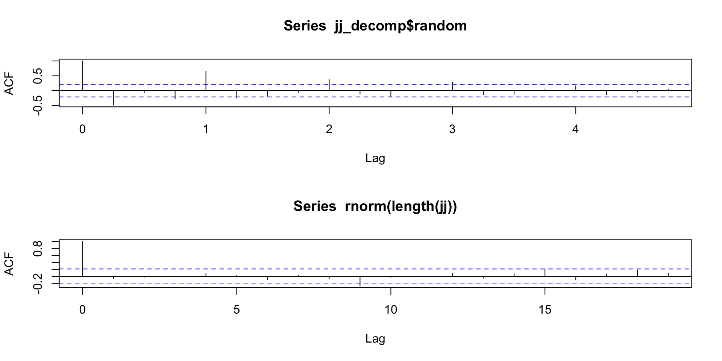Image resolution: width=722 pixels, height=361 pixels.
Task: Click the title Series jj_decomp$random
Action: [x=375, y=26]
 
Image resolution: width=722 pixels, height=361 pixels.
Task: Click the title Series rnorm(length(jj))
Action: [x=375, y=206]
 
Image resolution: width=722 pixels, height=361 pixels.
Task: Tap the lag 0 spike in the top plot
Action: [x=82, y=75]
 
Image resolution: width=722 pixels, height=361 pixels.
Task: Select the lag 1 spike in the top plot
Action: [x=206, y=80]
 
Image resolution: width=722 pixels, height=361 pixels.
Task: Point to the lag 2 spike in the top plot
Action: [x=329, y=85]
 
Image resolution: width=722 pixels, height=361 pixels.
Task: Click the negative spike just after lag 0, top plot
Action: [x=113, y=98]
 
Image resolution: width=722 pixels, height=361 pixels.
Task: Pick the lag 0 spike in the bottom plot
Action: [x=82, y=259]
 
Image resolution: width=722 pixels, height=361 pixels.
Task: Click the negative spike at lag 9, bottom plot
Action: [x=360, y=281]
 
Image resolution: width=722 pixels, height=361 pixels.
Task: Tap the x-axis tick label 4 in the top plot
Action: [x=575, y=129]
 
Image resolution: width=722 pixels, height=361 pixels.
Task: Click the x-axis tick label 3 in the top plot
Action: [x=452, y=129]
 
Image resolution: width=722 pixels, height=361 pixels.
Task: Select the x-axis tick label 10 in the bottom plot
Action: [x=391, y=310]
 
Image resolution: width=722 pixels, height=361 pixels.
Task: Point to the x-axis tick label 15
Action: [x=545, y=310]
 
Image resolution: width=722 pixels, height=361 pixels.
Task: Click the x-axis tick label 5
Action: [x=237, y=310]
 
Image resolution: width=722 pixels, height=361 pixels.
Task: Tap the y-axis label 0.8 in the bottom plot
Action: [x=38, y=248]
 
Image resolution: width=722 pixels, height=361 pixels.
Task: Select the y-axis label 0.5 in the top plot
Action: [x=38, y=76]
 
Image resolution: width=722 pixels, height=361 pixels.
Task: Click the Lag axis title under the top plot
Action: [x=375, y=158]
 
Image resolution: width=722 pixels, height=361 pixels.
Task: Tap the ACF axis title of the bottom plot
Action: [x=9, y=264]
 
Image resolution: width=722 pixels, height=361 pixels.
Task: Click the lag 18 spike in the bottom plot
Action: [x=637, y=273]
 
